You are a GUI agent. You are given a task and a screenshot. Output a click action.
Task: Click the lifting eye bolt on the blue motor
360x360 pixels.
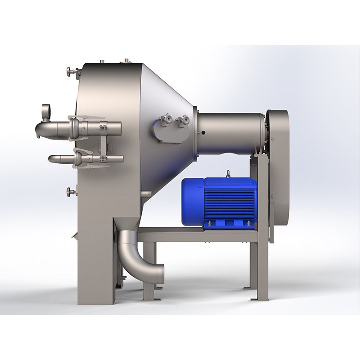pos(228,173)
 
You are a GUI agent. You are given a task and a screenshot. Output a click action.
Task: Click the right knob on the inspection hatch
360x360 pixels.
pos(183,119)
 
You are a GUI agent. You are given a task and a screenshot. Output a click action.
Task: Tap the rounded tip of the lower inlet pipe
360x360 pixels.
pos(51,159)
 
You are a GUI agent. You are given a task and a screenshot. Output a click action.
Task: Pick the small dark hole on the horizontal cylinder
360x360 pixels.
pos(203,133)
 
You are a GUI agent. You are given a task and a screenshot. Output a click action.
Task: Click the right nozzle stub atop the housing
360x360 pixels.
pos(126,60)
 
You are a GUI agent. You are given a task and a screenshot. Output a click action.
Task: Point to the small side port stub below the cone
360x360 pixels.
pos(146,194)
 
